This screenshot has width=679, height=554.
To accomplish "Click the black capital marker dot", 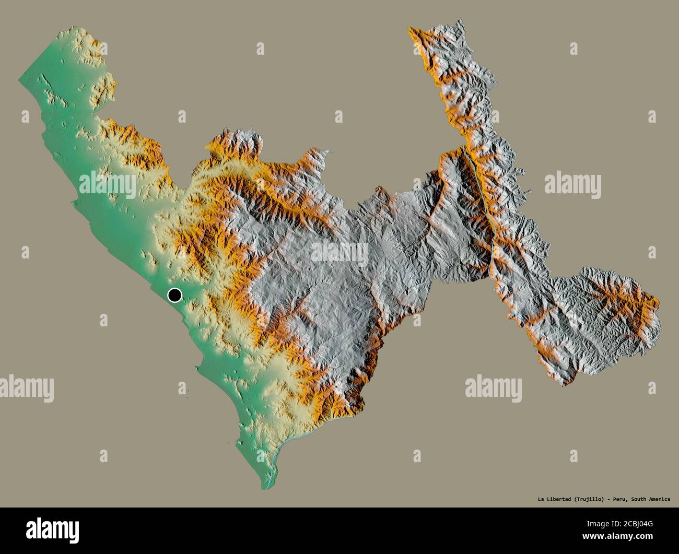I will pos(174,296).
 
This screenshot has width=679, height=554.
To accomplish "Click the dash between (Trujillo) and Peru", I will pos(609,499).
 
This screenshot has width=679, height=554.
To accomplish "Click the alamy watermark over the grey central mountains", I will pos(340,252).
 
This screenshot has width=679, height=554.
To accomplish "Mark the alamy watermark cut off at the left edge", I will pos(26,388).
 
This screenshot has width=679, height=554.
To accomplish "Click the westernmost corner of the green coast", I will pos(19,79).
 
